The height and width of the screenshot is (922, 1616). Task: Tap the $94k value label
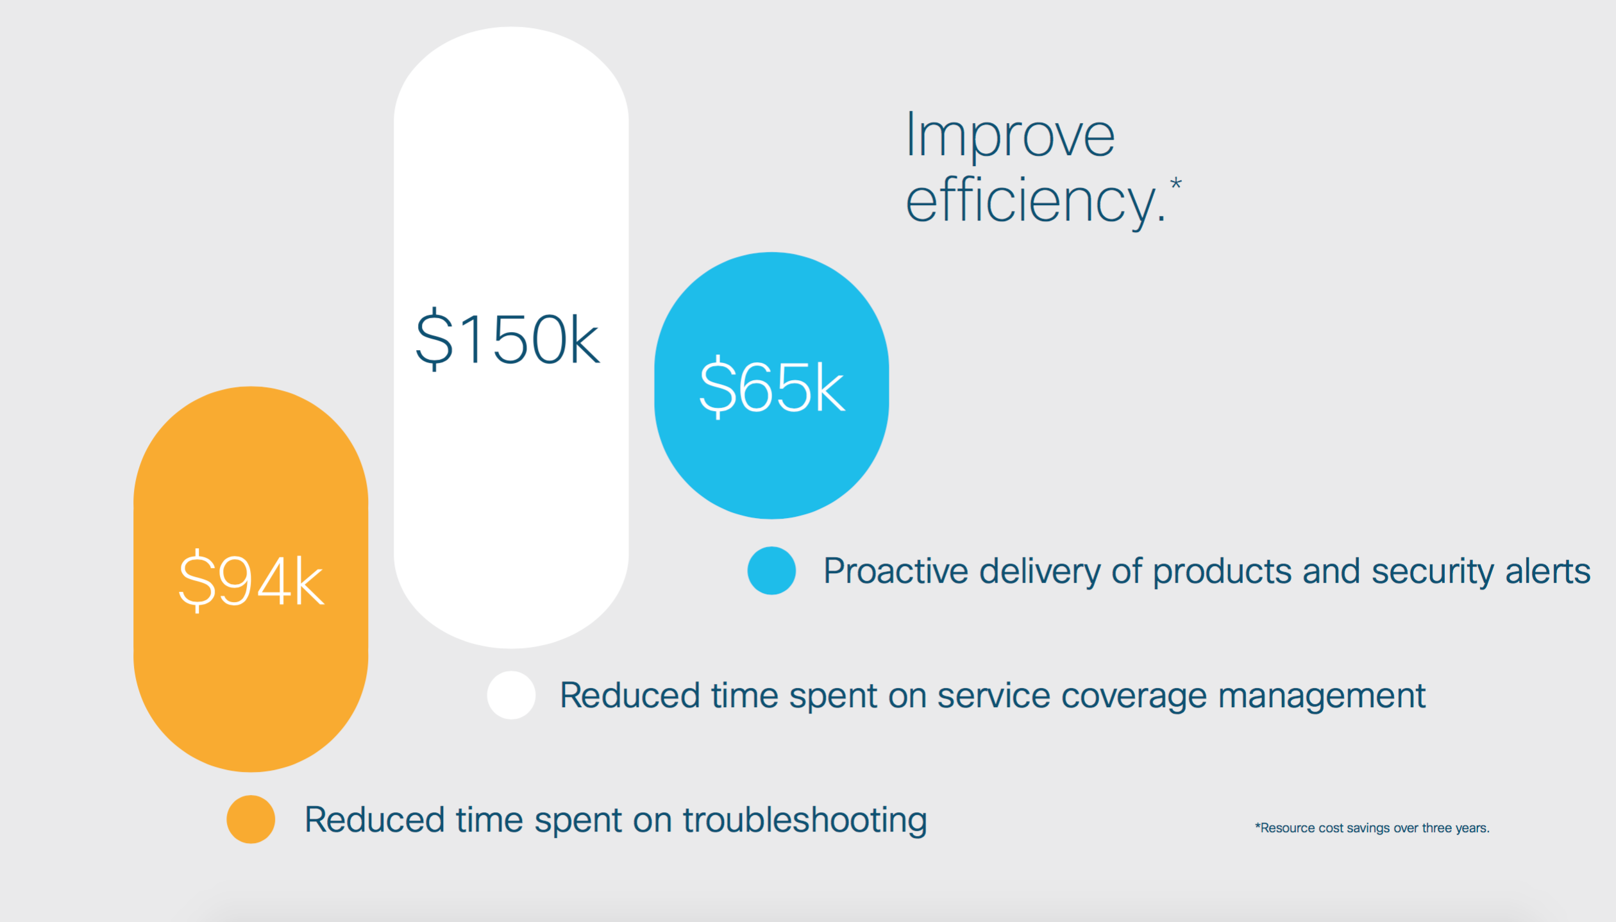point(251,581)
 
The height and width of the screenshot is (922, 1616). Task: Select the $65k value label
point(771,387)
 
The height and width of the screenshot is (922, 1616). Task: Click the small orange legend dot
point(251,819)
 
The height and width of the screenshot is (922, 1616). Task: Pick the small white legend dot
point(511,695)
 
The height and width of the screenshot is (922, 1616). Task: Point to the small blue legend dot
point(771,571)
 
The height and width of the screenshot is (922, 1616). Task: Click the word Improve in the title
point(1010,136)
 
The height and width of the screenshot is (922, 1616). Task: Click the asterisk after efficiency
point(1175,183)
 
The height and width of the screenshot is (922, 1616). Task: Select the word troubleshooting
point(805,820)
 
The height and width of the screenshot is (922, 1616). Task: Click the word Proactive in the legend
point(896,571)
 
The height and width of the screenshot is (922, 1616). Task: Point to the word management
point(1322,697)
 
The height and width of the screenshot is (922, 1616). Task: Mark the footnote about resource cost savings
point(1372,828)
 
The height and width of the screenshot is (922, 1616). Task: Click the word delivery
point(1040,572)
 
